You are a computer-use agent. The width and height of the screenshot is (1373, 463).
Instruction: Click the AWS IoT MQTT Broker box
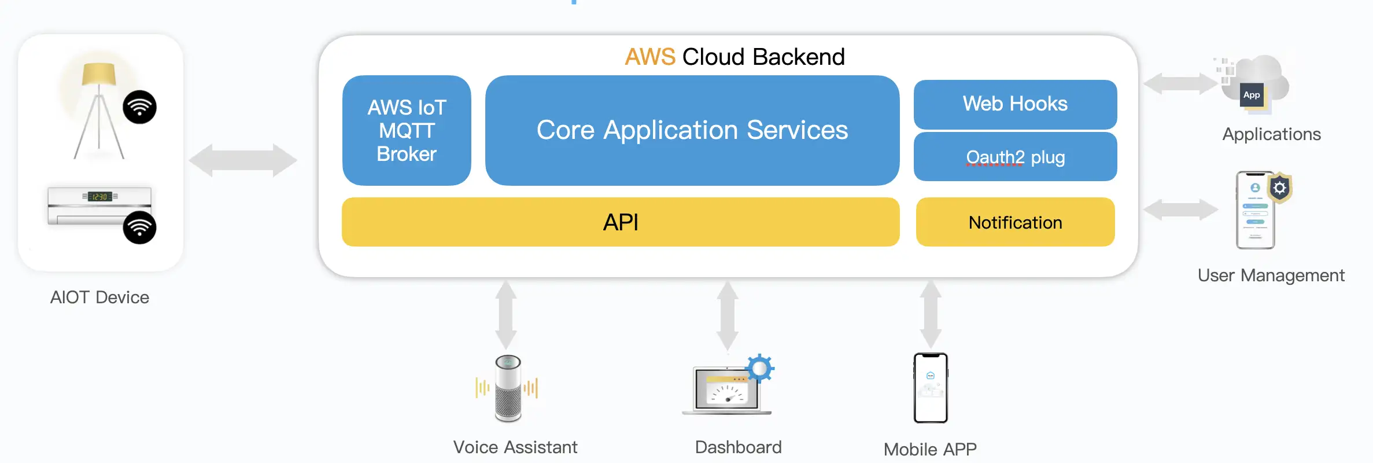pyautogui.click(x=407, y=130)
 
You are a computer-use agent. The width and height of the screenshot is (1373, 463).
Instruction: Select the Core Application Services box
pyautogui.click(x=692, y=130)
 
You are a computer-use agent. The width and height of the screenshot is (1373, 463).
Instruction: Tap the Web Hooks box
pyautogui.click(x=1015, y=104)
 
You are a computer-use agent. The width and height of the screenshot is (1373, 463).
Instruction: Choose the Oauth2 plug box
pyautogui.click(x=1015, y=157)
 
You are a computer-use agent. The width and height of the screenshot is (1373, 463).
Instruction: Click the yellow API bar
pyautogui.click(x=621, y=222)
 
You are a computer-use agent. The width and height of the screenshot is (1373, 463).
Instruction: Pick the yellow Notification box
pyautogui.click(x=1015, y=222)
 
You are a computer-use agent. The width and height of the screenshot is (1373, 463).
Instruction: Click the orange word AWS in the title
pyautogui.click(x=650, y=57)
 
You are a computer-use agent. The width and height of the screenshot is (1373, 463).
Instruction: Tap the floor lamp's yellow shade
pyautogui.click(x=99, y=75)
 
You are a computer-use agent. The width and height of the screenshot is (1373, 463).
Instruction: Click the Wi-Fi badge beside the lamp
pyautogui.click(x=139, y=107)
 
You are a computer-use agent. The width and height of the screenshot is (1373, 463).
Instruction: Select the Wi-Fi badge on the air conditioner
pyautogui.click(x=139, y=227)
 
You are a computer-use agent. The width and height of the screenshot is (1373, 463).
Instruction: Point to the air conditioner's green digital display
pyautogui.click(x=99, y=197)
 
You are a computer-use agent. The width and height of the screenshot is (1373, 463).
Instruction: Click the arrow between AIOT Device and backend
pyautogui.click(x=243, y=160)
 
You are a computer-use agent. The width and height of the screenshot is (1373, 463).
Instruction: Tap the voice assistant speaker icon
pyautogui.click(x=508, y=388)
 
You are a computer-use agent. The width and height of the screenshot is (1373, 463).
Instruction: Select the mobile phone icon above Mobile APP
pyautogui.click(x=931, y=388)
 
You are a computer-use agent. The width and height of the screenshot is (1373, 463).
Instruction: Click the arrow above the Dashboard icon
pyautogui.click(x=727, y=316)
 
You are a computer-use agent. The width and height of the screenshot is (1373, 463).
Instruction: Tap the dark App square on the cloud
pyautogui.click(x=1252, y=95)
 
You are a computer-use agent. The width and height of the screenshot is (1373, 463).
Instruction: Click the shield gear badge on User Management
pyautogui.click(x=1280, y=188)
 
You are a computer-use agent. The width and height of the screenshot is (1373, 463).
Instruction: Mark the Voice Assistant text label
pyautogui.click(x=515, y=447)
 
